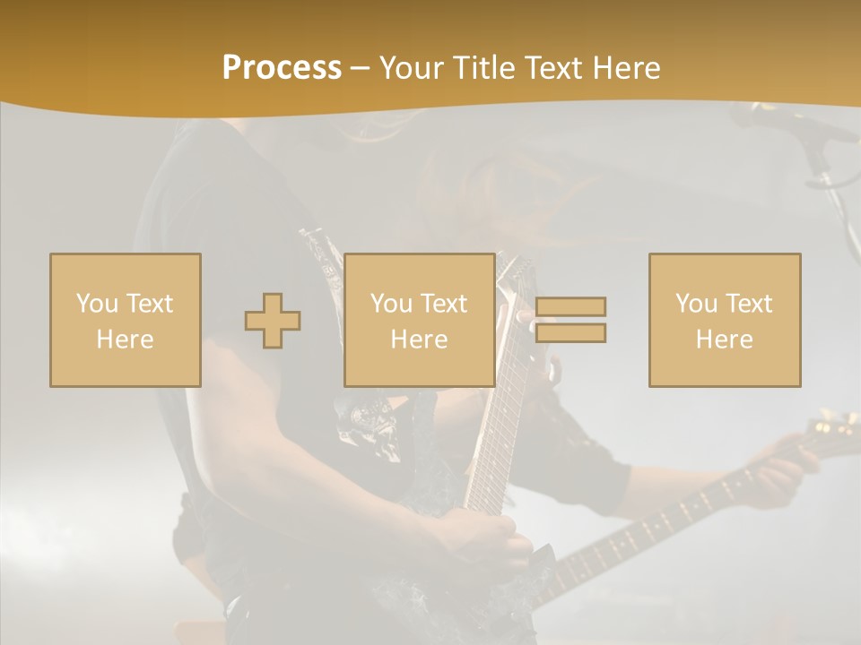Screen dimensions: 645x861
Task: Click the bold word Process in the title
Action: tap(282, 68)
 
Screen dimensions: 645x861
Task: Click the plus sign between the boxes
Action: tap(273, 321)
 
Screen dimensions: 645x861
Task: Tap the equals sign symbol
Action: tap(570, 320)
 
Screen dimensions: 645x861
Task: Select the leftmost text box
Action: tap(125, 320)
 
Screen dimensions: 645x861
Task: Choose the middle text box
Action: tap(419, 320)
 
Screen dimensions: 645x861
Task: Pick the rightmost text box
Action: tap(724, 320)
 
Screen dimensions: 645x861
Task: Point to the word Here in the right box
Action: tap(724, 339)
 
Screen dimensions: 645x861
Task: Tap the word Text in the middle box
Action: tap(443, 304)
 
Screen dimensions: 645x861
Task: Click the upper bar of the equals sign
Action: tap(570, 306)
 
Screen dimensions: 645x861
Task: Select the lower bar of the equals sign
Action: tap(570, 333)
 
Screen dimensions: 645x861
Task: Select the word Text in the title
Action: tap(552, 68)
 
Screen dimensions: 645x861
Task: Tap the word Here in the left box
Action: tap(125, 339)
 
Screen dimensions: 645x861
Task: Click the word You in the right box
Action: tap(694, 304)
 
